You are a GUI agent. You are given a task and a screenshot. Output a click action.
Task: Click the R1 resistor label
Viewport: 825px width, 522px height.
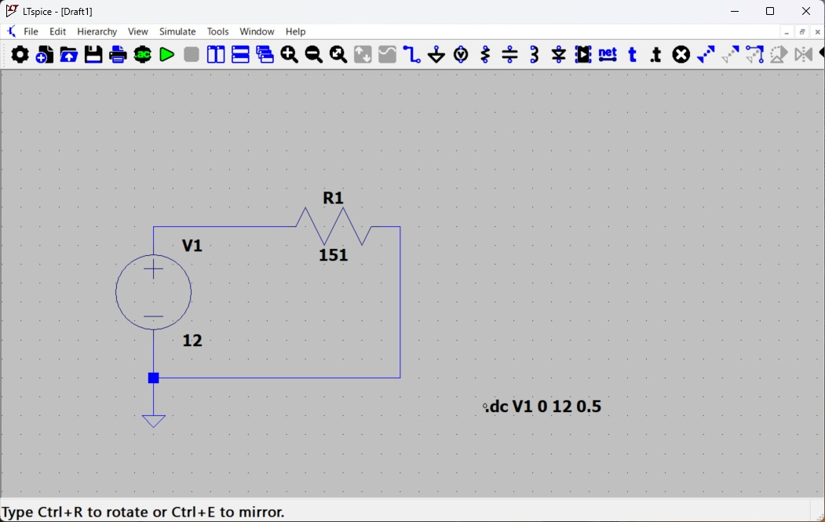(334, 199)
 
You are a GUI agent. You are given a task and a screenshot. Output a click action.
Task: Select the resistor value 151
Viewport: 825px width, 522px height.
(333, 255)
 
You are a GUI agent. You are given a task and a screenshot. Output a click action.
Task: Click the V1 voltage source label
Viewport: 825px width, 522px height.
(192, 246)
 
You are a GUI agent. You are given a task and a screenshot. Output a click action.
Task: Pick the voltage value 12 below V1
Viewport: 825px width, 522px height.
(192, 341)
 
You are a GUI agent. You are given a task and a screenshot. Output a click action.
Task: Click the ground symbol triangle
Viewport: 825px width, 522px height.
(154, 421)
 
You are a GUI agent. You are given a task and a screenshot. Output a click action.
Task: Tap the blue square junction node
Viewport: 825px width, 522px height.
(154, 378)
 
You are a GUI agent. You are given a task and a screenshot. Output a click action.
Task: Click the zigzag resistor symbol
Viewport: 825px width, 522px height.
(334, 227)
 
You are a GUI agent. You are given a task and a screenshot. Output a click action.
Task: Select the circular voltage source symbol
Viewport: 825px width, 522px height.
(154, 292)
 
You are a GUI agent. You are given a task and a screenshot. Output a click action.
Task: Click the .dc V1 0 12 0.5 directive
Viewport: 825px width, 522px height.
(544, 407)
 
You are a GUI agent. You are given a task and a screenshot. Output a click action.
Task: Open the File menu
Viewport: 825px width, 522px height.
(31, 31)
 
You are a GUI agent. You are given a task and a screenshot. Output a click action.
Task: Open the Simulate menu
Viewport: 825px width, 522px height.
(177, 31)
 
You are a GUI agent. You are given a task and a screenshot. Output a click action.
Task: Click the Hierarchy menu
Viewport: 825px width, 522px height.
(97, 31)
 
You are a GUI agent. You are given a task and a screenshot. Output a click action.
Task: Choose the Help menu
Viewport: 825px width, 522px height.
(295, 31)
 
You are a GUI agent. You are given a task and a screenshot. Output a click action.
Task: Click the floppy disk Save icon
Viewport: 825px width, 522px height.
(93, 54)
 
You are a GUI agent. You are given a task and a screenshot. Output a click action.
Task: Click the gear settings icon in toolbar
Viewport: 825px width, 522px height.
(20, 54)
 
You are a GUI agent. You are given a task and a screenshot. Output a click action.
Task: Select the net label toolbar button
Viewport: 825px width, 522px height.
(608, 54)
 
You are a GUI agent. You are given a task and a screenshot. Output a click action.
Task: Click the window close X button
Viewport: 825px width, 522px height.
(806, 11)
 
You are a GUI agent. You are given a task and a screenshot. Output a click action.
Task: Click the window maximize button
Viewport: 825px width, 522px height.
(770, 11)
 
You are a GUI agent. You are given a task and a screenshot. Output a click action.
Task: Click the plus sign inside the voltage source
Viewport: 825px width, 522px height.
(154, 269)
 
